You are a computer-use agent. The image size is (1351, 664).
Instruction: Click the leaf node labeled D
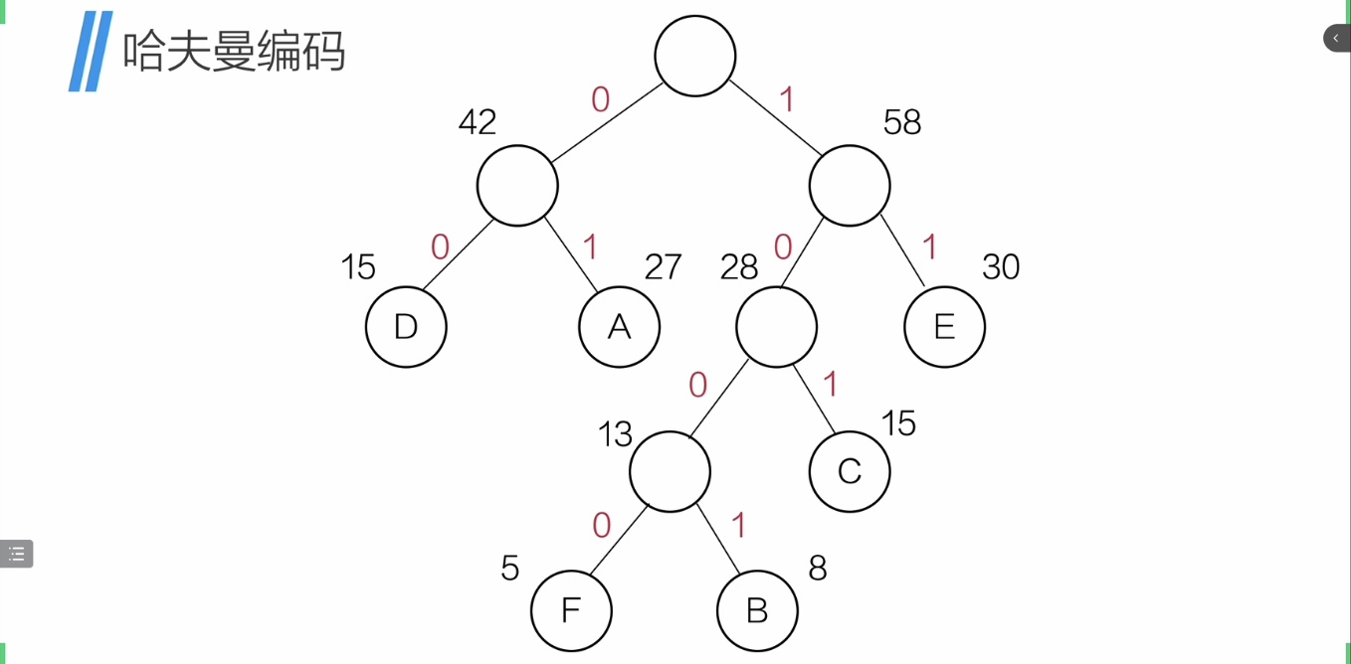(x=406, y=327)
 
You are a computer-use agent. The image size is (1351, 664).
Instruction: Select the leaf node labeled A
(x=619, y=327)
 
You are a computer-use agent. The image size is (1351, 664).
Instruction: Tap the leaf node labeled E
(x=944, y=327)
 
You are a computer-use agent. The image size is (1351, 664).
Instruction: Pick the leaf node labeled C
(x=850, y=471)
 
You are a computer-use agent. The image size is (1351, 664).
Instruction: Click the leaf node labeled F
(x=571, y=610)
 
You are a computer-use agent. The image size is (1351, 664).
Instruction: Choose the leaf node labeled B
(x=757, y=610)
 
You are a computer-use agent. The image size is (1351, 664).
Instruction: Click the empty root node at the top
(x=695, y=56)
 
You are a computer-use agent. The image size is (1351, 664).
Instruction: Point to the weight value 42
(x=478, y=122)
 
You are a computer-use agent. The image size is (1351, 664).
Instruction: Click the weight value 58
(x=902, y=122)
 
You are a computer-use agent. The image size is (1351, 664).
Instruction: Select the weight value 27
(x=664, y=267)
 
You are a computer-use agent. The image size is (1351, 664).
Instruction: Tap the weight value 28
(x=739, y=267)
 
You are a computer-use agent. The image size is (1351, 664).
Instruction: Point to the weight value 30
(x=1001, y=267)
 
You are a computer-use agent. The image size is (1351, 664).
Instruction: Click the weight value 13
(x=615, y=434)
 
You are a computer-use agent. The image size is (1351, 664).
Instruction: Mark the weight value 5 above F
(x=510, y=569)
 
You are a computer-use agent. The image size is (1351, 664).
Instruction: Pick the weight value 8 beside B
(x=818, y=569)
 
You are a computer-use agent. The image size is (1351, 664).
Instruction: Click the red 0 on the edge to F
(x=601, y=526)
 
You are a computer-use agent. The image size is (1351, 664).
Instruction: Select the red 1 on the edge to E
(x=930, y=248)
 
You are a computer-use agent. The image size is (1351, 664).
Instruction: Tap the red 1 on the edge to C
(x=831, y=385)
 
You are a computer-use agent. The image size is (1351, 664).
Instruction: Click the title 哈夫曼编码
(x=234, y=51)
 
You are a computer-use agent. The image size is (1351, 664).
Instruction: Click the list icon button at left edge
(x=17, y=554)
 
